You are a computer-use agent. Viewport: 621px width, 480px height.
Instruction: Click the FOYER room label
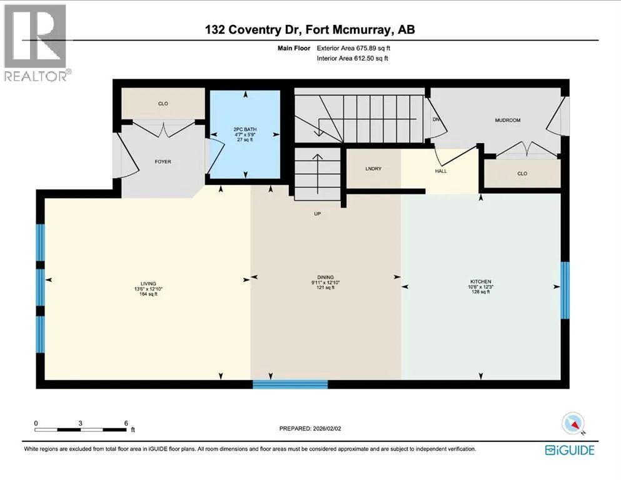163,161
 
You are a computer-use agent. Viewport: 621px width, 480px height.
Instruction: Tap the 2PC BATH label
245,129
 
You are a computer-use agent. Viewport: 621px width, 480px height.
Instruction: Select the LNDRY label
373,169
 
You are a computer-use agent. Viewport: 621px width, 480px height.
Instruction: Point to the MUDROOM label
507,120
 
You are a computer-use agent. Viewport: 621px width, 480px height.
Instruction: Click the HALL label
441,171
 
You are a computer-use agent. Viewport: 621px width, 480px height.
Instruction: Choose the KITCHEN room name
480,282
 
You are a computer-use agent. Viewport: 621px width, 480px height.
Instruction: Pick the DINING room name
325,277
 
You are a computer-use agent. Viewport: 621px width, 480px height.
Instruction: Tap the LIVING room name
148,284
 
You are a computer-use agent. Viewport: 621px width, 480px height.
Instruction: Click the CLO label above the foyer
163,104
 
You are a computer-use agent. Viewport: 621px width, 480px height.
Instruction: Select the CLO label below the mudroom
522,173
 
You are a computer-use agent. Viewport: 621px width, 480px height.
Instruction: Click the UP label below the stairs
317,214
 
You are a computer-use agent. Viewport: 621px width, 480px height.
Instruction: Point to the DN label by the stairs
436,119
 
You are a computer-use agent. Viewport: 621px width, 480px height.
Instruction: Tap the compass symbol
573,423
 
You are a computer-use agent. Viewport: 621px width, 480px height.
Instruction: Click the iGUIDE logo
570,450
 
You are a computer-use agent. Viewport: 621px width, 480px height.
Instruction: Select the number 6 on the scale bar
126,423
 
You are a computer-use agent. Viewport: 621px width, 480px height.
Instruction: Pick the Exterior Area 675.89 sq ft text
353,48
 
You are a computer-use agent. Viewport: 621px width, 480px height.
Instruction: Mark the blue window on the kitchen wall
565,290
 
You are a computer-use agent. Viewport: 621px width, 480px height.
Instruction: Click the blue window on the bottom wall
290,384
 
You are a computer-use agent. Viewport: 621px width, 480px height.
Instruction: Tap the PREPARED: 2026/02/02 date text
310,429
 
